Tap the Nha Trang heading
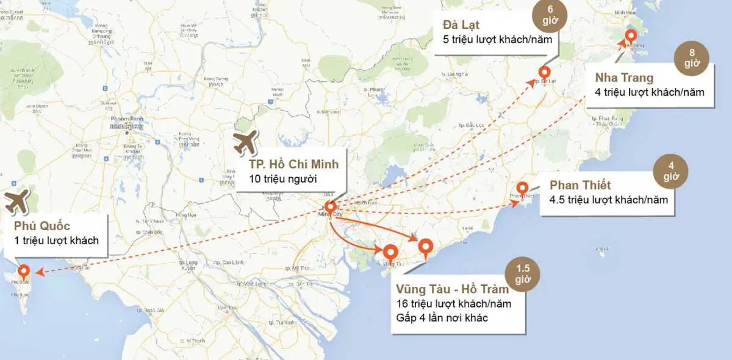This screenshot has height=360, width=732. [x=624, y=77]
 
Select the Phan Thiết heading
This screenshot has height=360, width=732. [x=580, y=184]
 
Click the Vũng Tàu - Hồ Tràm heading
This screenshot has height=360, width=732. [x=452, y=289]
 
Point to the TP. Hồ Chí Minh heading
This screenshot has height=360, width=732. [x=293, y=165]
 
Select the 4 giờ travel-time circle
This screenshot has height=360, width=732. [x=670, y=170]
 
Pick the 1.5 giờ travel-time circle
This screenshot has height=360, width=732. [x=523, y=273]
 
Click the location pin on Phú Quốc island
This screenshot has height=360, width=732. [x=24, y=272]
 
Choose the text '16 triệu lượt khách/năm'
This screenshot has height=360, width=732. [x=453, y=303]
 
